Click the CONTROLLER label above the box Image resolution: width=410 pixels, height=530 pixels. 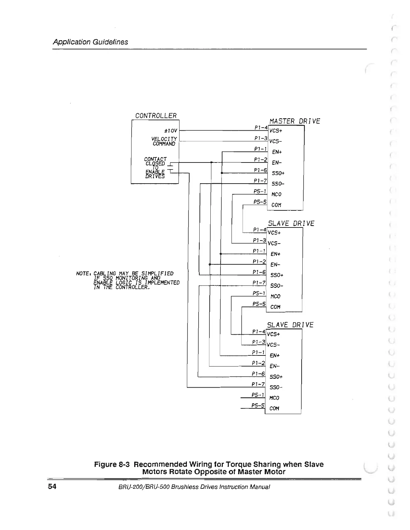coord(156,116)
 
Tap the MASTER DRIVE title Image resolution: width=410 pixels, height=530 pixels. coord(295,121)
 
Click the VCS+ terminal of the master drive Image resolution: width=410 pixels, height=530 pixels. coord(276,131)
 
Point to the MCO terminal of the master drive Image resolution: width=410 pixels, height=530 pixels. coord(276,194)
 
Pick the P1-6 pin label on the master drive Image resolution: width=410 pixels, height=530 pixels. coord(260,170)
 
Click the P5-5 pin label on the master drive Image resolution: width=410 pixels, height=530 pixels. coord(260,202)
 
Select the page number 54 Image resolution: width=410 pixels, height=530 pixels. coord(52,487)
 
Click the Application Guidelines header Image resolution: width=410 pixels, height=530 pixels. coord(90,42)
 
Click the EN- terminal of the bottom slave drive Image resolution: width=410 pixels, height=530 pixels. coord(274,366)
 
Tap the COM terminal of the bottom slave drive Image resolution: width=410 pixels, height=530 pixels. coord(274,408)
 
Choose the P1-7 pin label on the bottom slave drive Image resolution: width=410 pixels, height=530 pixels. coord(258,384)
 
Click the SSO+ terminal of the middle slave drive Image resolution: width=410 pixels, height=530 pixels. coord(277,275)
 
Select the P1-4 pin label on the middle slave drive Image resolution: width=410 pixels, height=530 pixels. coord(259,230)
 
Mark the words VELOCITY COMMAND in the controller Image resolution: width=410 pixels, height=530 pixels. coord(164,141)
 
